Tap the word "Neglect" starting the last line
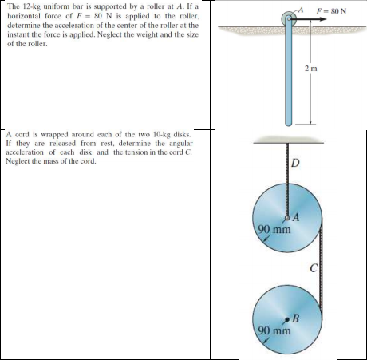(x=20, y=161)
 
